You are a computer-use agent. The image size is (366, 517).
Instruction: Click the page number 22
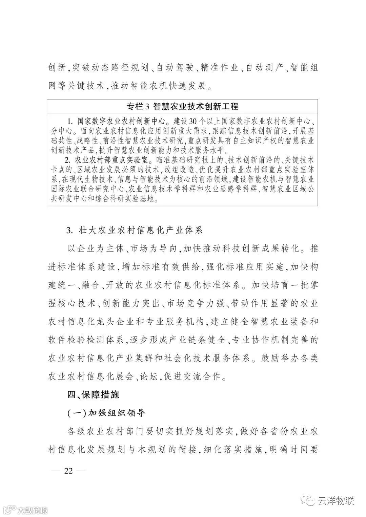point(69,472)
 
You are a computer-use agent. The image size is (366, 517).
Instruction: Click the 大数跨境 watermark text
point(33,510)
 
